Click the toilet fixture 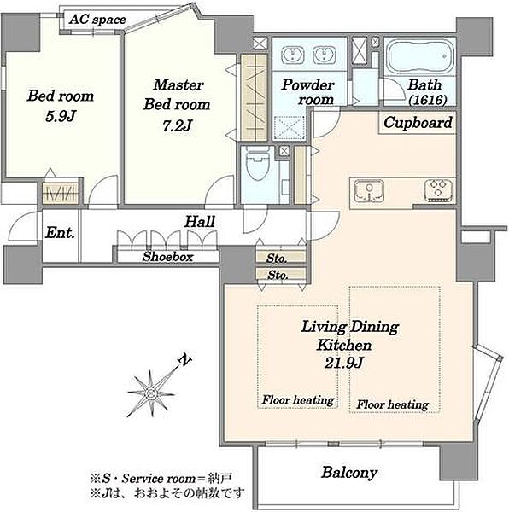[x=258, y=163]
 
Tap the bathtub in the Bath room [x=420, y=58]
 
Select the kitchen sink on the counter [x=369, y=189]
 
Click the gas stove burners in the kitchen [x=438, y=189]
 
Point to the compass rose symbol [x=151, y=393]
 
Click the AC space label [x=97, y=20]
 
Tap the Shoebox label [x=168, y=257]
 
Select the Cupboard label [x=418, y=123]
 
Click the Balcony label [x=349, y=473]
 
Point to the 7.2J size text [x=177, y=125]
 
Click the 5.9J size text [x=61, y=116]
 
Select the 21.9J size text [x=343, y=363]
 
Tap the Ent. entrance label [x=60, y=233]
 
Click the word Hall [x=200, y=222]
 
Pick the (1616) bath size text [x=428, y=100]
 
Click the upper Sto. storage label [x=277, y=259]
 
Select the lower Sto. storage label [x=278, y=276]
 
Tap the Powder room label [x=307, y=92]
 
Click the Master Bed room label [x=177, y=95]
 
